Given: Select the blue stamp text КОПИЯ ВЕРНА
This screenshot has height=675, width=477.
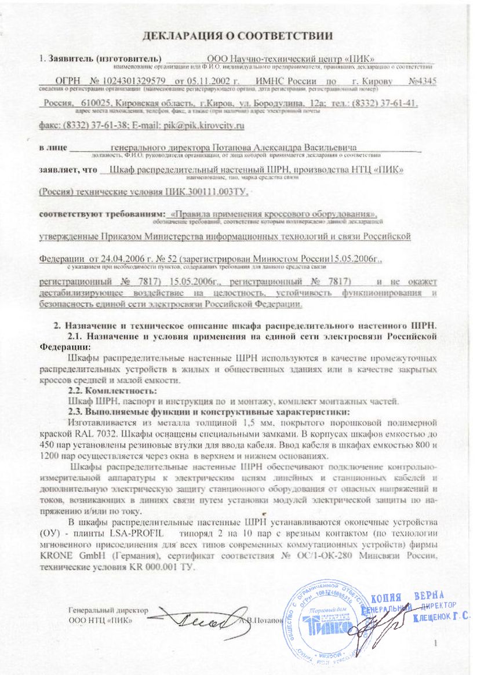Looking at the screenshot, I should (x=406, y=597).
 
